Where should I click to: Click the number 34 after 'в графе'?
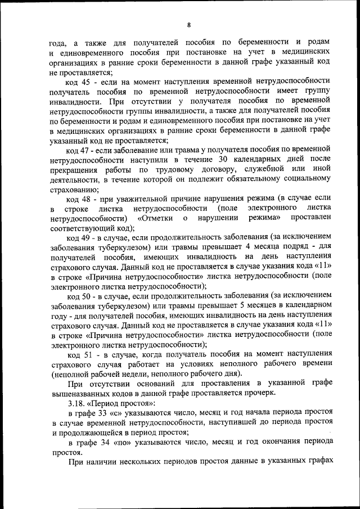104,442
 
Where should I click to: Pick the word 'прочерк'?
258,394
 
